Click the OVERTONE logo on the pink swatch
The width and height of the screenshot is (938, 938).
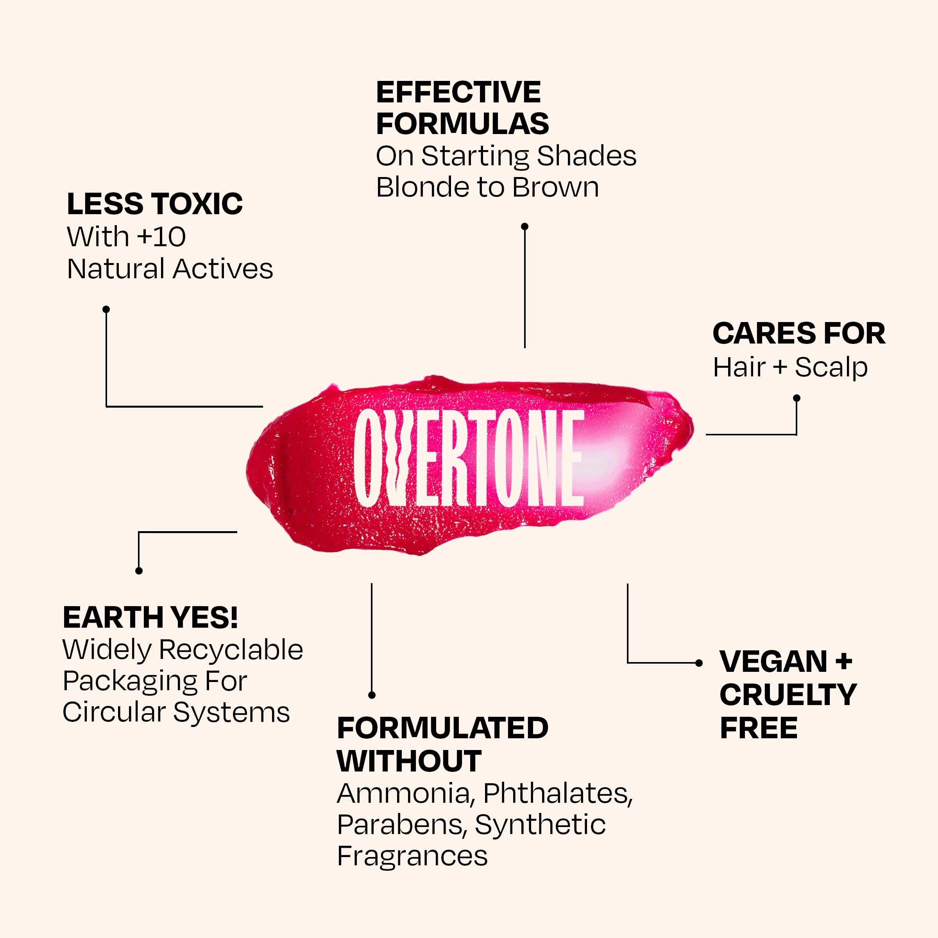[x=468, y=458]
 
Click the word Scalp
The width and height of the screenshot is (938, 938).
[x=831, y=367]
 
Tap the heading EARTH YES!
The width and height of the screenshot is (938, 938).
[x=150, y=618]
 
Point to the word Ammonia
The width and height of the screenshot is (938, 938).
[x=403, y=793]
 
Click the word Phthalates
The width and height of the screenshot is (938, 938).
[x=557, y=793]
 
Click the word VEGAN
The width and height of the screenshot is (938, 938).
[x=773, y=661]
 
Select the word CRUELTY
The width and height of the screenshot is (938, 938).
[x=788, y=695]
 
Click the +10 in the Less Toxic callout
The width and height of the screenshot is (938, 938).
[x=161, y=237]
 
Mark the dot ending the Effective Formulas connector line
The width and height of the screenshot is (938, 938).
[x=524, y=226]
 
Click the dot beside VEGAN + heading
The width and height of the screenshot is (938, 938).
[x=699, y=663]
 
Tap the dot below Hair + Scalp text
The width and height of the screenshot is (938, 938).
[x=796, y=398]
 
